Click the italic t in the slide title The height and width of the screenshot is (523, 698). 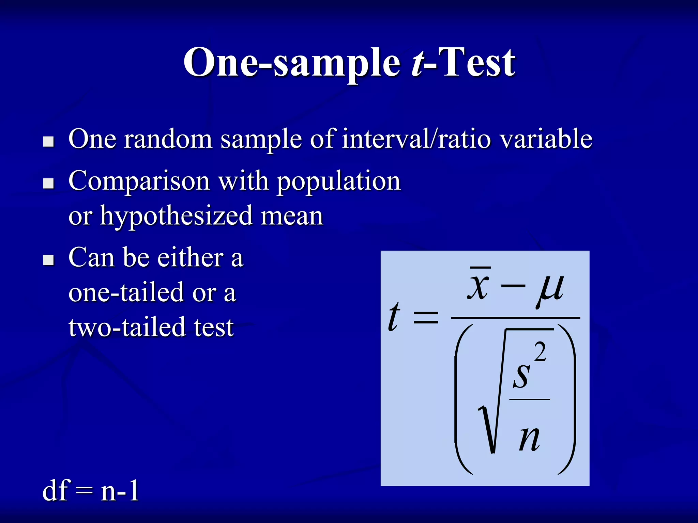pyautogui.click(x=418, y=63)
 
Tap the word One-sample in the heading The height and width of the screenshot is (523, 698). pyautogui.click(x=291, y=63)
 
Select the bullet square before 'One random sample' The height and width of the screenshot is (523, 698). pyautogui.click(x=49, y=142)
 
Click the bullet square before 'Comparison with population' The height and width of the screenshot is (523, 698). pyautogui.click(x=49, y=184)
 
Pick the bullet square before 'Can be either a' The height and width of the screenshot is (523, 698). pyautogui.click(x=49, y=260)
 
